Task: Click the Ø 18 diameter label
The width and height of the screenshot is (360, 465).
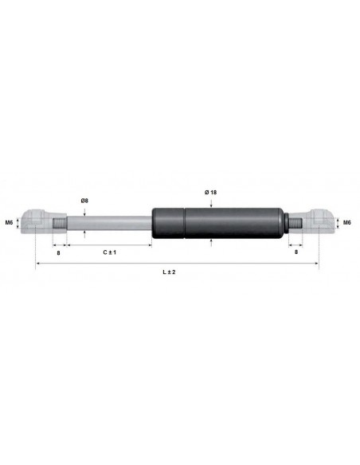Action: [210, 193]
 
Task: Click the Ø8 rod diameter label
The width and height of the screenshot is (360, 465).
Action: [84, 200]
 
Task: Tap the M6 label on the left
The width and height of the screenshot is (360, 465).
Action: [9, 222]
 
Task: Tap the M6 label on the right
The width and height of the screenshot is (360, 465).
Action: [347, 222]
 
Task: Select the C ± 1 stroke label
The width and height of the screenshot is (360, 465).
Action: [110, 252]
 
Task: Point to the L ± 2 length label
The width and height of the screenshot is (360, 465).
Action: [168, 272]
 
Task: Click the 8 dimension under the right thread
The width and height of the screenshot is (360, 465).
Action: [296, 252]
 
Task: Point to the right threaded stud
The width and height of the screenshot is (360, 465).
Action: [295, 222]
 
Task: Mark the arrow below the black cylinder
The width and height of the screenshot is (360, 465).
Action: [210, 241]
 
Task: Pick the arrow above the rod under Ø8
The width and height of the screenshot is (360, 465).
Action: [84, 210]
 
